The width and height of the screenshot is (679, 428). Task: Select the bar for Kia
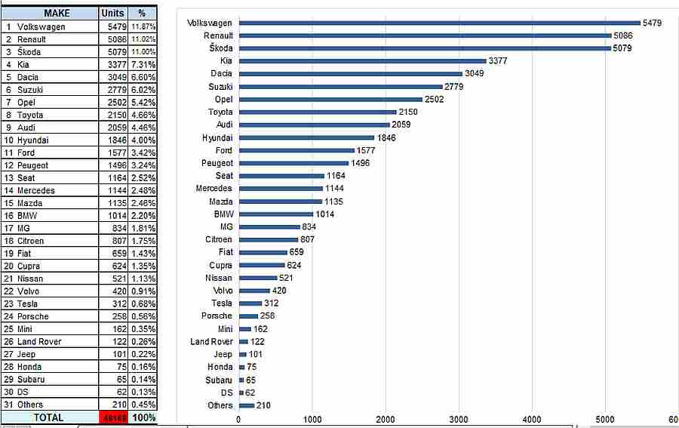pos(362,61)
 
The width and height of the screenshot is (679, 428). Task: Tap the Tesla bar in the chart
pos(250,303)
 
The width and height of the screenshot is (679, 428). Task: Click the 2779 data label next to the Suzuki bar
pos(454,86)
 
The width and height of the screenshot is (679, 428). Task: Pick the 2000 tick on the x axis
pos(386,420)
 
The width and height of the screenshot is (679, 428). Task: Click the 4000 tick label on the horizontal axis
pos(532,420)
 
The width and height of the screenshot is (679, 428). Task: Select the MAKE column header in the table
pos(57,14)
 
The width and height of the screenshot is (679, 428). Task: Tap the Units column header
pos(112,14)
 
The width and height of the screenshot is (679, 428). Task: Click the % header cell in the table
pos(142,14)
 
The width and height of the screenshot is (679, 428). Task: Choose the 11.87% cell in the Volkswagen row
pos(143,26)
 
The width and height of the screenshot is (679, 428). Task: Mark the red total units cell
pos(114,417)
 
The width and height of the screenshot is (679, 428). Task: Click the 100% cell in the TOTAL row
pos(143,417)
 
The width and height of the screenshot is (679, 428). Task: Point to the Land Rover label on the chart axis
pos(211,342)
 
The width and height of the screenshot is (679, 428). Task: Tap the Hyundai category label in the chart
pos(217,138)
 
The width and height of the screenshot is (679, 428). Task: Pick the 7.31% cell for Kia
pos(143,64)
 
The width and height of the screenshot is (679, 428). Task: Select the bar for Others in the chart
pos(246,405)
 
